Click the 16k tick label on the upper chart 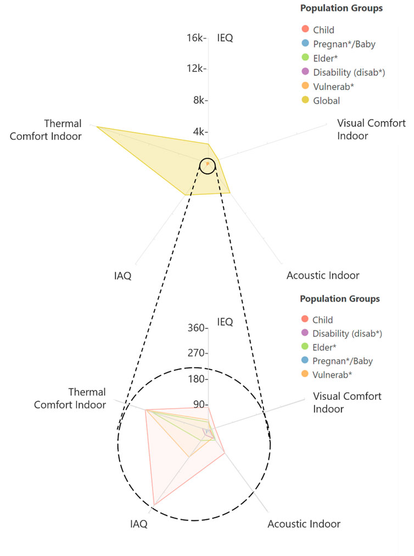click(x=195, y=38)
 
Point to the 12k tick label click(x=195, y=69)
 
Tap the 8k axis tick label click(x=198, y=100)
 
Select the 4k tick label click(x=198, y=132)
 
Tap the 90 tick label click(x=199, y=405)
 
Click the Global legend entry click(x=326, y=101)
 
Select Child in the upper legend click(x=323, y=30)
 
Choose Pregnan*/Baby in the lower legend click(x=338, y=361)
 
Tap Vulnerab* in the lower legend click(x=332, y=375)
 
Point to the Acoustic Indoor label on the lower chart click(x=304, y=524)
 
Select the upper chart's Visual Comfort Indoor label click(x=371, y=129)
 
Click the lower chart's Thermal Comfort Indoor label click(x=70, y=399)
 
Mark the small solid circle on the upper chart click(x=207, y=165)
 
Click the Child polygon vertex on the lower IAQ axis click(x=154, y=504)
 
